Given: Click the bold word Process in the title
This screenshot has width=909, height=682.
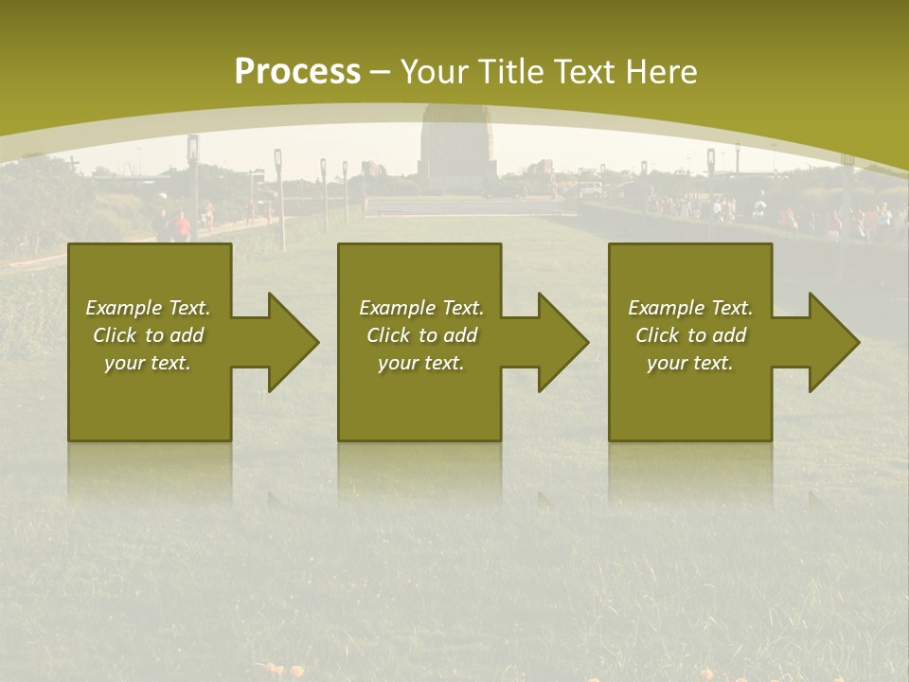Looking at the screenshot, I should tap(297, 72).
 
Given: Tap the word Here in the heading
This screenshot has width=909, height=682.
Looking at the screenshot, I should tap(661, 72).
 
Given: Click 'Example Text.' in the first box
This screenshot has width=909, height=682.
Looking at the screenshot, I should tap(148, 308).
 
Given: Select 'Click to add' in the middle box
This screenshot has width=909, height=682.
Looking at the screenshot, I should tap(421, 335).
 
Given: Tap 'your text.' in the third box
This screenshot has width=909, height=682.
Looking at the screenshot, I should tap(690, 363).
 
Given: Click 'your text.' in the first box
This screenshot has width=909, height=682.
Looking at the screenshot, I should tap(148, 363).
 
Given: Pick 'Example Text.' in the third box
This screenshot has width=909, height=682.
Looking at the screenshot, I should tap(690, 308).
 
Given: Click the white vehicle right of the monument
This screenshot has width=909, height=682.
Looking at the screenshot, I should tap(590, 188).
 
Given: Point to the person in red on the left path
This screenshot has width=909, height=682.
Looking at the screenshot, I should tap(183, 225).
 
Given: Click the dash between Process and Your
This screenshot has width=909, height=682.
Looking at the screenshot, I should tap(381, 72).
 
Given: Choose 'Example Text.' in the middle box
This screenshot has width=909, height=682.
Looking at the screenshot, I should tap(421, 308).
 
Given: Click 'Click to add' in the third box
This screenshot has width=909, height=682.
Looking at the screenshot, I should tap(690, 335).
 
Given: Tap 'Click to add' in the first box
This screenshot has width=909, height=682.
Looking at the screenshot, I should tap(148, 335).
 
